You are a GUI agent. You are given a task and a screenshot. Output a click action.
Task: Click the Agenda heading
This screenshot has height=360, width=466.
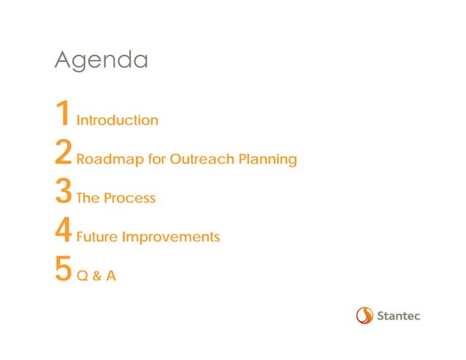click(x=101, y=61)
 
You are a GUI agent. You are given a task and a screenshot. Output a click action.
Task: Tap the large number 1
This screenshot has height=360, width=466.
click(x=63, y=115)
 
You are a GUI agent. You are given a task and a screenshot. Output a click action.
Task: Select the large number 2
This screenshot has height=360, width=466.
click(x=63, y=153)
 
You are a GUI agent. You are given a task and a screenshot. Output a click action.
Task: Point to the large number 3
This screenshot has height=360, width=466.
click(x=63, y=193)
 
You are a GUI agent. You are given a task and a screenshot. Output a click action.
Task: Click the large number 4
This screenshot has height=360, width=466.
click(x=63, y=232)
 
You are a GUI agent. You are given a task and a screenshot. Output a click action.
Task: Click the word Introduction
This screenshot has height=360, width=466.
click(x=117, y=120)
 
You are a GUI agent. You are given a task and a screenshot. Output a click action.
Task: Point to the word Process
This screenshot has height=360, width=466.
click(x=129, y=199)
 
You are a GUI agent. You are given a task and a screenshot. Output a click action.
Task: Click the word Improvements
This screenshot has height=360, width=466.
click(x=171, y=238)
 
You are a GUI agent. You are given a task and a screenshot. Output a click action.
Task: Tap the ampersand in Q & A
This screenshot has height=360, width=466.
click(x=96, y=277)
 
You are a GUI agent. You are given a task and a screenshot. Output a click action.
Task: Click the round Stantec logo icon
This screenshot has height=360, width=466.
click(x=364, y=315)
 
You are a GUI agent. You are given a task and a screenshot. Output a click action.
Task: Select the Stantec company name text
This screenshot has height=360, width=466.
click(x=400, y=316)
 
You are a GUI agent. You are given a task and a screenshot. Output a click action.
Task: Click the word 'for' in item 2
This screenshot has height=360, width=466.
click(x=156, y=159)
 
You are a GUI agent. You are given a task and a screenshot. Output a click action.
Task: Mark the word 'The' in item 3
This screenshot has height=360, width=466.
click(x=88, y=199)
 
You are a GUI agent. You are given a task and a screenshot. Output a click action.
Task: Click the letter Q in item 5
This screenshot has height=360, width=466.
click(x=82, y=277)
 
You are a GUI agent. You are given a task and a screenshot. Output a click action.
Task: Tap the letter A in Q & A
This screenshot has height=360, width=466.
click(x=110, y=277)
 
